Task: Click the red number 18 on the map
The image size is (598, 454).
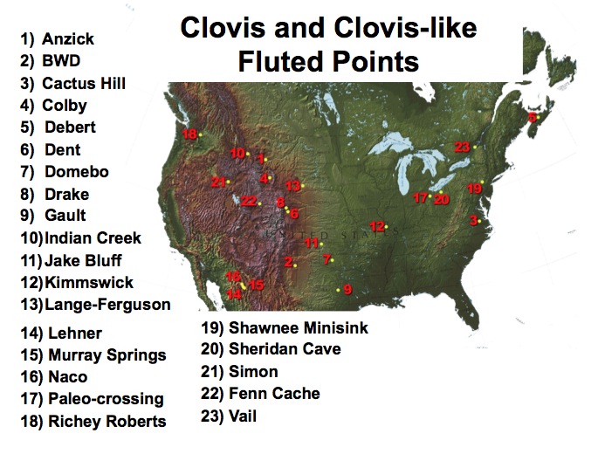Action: [189, 134]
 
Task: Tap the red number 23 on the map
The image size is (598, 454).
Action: [462, 147]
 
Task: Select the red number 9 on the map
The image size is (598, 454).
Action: [347, 289]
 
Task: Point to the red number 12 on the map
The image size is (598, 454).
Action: [377, 226]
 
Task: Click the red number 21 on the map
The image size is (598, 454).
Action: [218, 182]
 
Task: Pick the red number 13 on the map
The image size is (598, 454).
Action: [293, 186]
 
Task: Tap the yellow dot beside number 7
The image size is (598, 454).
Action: [333, 260]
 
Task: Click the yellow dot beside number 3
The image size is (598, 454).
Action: [479, 221]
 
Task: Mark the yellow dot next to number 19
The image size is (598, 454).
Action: [482, 182]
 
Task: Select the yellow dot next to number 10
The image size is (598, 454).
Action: [248, 154]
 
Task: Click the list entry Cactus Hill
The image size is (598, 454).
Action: [84, 84]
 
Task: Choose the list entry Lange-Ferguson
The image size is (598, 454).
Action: [107, 305]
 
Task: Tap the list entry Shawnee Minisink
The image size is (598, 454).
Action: [299, 327]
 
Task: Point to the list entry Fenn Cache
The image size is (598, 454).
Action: [274, 394]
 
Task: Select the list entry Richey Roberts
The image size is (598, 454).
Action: [107, 421]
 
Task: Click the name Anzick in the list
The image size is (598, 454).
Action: [68, 39]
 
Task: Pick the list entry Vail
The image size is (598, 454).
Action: [243, 416]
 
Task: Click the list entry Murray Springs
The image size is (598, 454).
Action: [107, 355]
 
